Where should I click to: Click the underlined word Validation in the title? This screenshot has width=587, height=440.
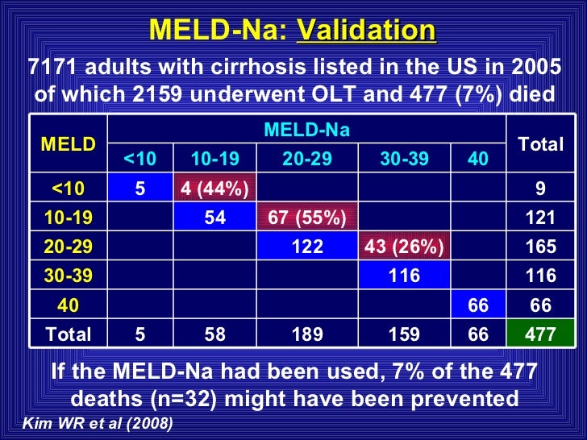click(x=367, y=31)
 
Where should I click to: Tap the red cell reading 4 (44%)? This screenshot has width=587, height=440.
click(x=214, y=189)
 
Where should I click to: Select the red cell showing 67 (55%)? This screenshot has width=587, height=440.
click(x=308, y=218)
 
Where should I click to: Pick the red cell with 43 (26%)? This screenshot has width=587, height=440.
click(x=404, y=247)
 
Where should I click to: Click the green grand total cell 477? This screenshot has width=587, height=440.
click(x=540, y=334)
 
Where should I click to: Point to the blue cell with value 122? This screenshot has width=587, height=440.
click(x=308, y=247)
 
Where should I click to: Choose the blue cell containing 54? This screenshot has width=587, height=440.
click(x=214, y=218)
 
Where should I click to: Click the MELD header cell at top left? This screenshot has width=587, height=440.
click(x=69, y=144)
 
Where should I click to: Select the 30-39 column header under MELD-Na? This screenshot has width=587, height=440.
click(x=404, y=159)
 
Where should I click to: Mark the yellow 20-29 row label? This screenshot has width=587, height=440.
click(x=69, y=247)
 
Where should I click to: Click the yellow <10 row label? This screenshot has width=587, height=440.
click(x=69, y=189)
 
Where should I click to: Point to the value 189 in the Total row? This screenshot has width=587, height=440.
click(x=308, y=334)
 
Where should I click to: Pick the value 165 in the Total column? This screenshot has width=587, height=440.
click(x=540, y=247)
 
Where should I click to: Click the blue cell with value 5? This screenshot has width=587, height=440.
click(x=140, y=189)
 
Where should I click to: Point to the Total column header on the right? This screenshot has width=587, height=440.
click(x=540, y=144)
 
